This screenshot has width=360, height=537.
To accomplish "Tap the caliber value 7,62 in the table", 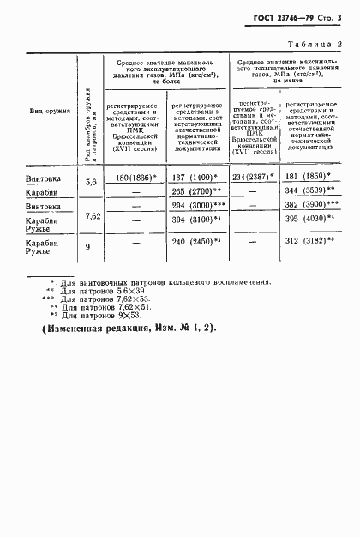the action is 92,216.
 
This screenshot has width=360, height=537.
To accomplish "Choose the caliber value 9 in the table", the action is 92,245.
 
